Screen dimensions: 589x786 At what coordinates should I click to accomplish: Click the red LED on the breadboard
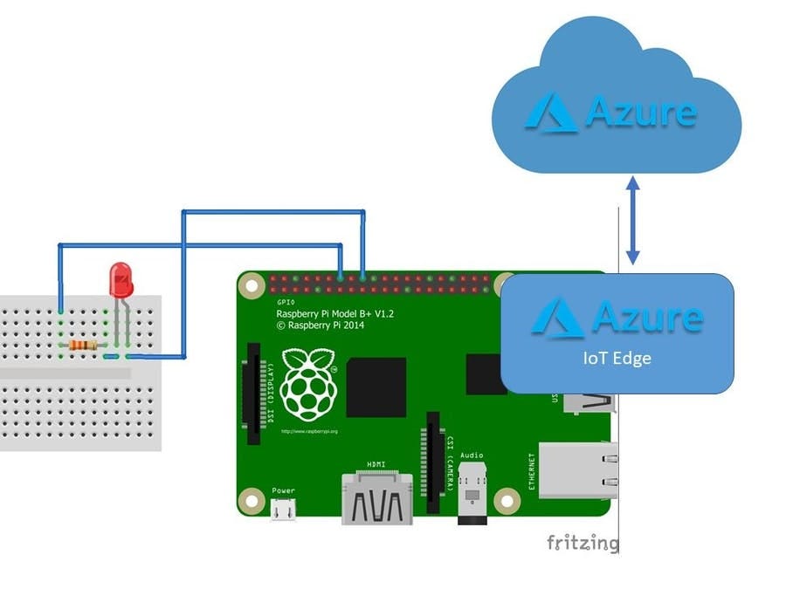121,280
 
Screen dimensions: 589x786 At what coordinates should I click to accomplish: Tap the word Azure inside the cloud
641,112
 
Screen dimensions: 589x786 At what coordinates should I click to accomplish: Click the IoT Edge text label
617,358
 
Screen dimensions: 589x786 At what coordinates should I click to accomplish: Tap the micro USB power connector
283,511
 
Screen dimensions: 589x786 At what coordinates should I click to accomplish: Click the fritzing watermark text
583,543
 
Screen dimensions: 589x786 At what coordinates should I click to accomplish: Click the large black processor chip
376,387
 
